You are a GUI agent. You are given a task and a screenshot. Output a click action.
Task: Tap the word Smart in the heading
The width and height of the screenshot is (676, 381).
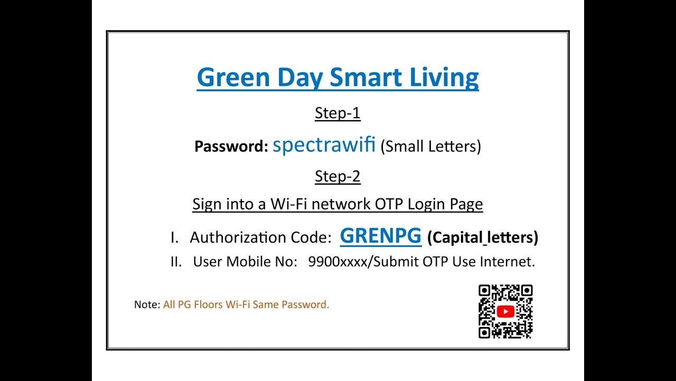tap(365, 77)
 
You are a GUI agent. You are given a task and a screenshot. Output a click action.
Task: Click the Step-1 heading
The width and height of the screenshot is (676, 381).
tap(337, 113)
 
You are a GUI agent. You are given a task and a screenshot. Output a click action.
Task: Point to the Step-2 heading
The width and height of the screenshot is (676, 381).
tap(337, 176)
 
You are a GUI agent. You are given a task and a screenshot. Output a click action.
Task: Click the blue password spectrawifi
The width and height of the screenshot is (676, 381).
tap(324, 144)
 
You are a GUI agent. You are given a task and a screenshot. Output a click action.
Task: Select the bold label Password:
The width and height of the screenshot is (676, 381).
tap(231, 147)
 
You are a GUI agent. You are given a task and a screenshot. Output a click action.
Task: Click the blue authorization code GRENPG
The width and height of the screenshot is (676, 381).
tap(380, 236)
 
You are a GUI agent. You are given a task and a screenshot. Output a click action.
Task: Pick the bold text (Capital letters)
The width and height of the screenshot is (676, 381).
tap(482, 238)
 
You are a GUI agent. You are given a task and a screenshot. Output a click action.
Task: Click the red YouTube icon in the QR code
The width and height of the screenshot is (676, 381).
tap(505, 312)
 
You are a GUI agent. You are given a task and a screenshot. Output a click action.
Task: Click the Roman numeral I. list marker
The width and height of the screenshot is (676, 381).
tap(175, 238)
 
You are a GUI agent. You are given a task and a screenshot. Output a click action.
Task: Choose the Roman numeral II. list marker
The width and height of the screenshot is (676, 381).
tap(176, 261)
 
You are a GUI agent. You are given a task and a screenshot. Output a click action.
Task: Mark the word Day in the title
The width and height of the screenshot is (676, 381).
tap(299, 78)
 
